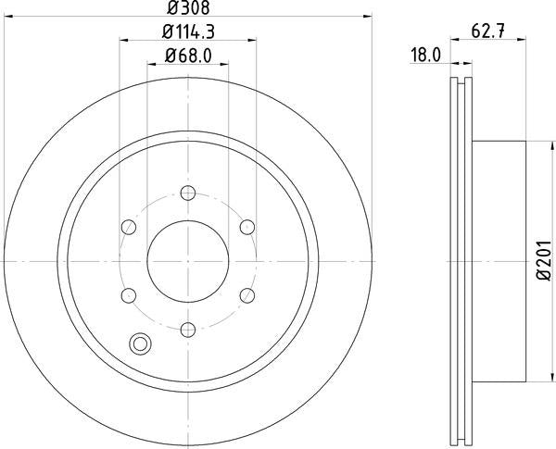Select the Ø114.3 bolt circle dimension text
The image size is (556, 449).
188,32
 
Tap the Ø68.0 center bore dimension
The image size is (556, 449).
188,56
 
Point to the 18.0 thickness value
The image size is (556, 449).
424,56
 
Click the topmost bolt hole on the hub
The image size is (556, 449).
188,193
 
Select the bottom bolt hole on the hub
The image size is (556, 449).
188,329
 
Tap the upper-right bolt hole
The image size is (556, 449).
246,227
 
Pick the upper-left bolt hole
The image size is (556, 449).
129,227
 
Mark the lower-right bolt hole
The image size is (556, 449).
246,295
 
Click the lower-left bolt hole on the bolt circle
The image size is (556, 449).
129,295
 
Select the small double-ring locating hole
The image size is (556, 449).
141,343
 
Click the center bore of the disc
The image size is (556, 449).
188,261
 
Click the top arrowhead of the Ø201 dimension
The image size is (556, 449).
535,145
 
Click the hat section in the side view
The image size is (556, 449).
500,261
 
